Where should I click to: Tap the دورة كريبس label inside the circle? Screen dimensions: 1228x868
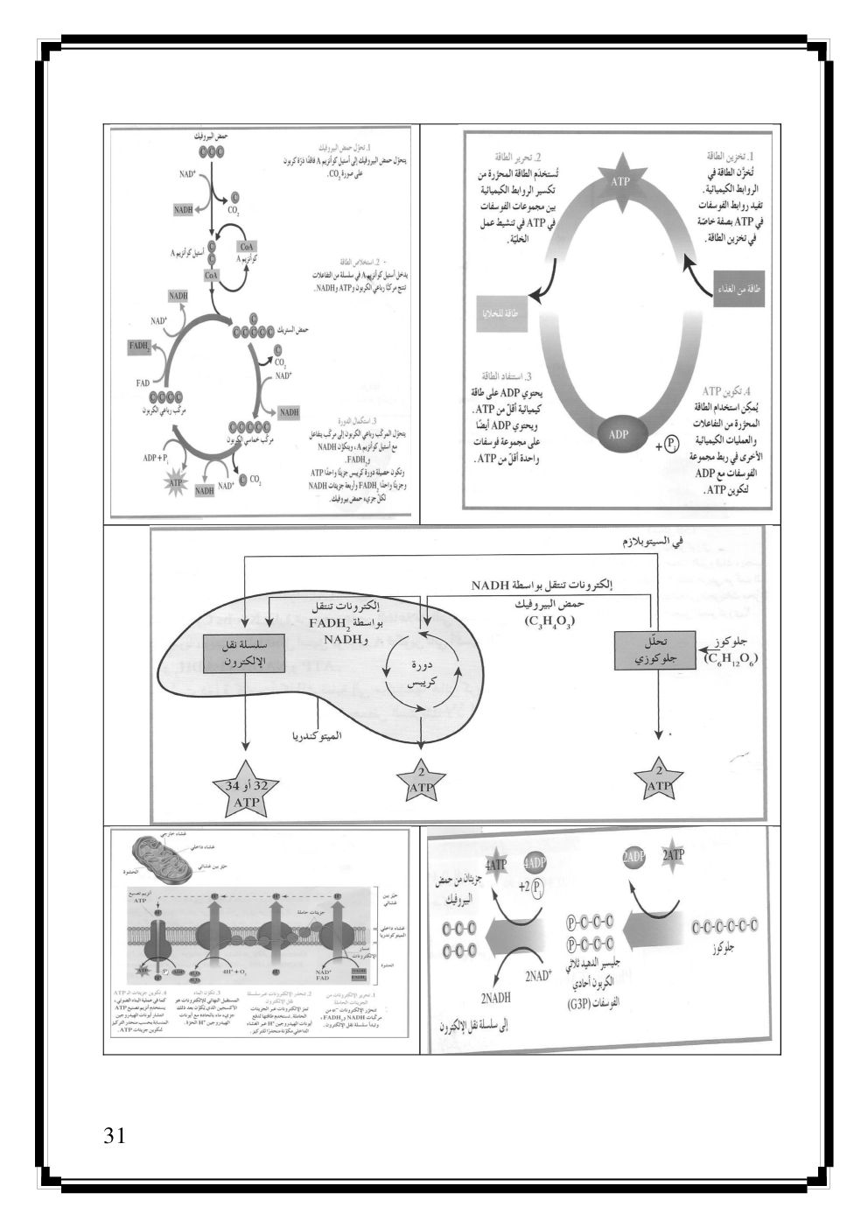tap(423, 672)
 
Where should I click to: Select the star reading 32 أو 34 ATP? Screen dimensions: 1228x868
tap(248, 793)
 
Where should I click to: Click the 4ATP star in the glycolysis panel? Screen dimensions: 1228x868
tap(499, 863)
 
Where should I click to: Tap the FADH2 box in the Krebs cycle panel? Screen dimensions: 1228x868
tap(139, 347)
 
